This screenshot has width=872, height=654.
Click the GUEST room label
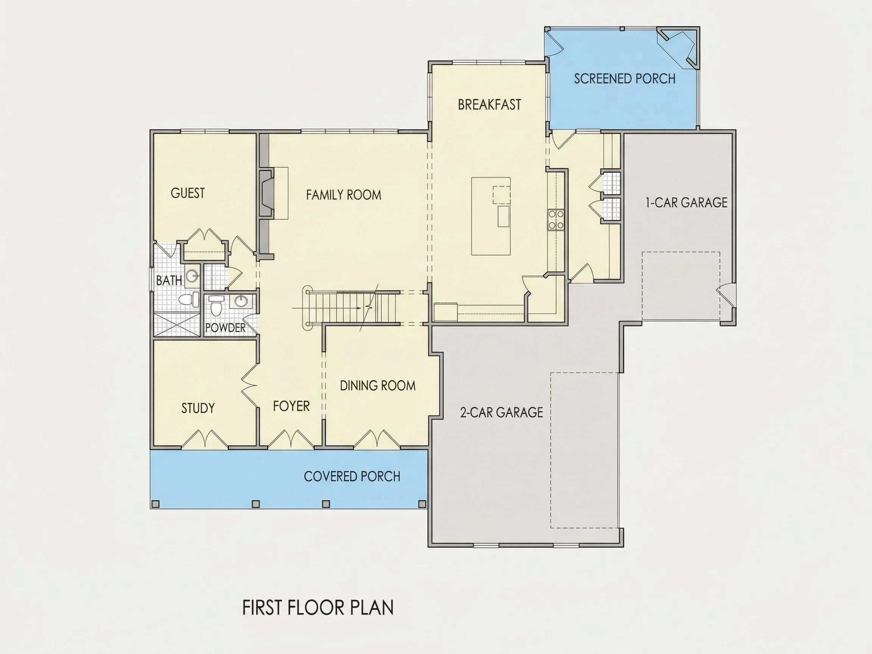point(188,193)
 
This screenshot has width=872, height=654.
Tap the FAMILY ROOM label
point(343,195)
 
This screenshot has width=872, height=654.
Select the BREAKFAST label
point(489,104)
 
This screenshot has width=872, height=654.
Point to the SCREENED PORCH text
point(624,79)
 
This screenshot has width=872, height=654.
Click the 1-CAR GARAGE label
point(686,202)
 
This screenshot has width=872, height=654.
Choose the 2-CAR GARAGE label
point(501,413)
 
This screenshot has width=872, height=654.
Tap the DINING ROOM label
point(378,386)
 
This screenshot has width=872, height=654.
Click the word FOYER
point(291,406)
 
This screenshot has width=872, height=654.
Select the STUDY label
point(198,408)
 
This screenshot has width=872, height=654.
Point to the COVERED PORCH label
point(352,476)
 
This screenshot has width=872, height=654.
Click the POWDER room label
point(225,328)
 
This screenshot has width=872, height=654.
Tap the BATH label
point(169,281)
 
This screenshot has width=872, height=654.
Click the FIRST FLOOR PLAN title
point(318,608)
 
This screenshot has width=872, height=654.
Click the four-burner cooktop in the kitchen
point(556,220)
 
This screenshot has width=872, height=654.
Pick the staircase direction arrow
point(326,308)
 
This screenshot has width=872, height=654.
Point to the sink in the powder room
point(240,301)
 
